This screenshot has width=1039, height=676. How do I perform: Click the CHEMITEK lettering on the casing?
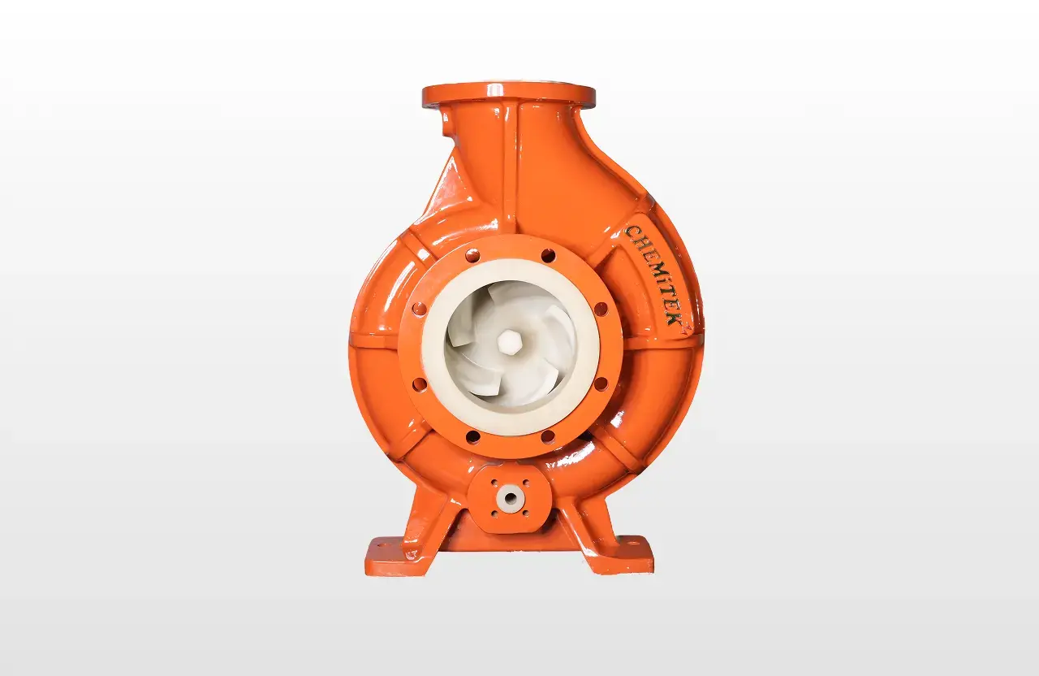[653, 275]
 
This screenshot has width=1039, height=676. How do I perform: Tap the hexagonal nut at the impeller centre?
[509, 342]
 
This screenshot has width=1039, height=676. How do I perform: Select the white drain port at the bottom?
[510, 496]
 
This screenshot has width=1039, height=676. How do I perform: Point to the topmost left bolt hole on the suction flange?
[472, 255]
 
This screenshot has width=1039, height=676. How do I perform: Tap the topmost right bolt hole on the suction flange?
[548, 255]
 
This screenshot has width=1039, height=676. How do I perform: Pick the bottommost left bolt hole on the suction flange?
[472, 437]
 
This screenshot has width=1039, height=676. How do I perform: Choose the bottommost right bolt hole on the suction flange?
[548, 437]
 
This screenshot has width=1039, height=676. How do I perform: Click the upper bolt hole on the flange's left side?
[419, 309]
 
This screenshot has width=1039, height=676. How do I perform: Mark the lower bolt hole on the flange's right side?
[601, 383]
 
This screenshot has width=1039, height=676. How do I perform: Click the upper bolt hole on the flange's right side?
[601, 309]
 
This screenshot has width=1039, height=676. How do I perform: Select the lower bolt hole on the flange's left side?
[419, 383]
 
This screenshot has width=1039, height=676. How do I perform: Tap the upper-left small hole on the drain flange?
[493, 482]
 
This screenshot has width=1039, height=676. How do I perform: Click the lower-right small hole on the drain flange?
[526, 513]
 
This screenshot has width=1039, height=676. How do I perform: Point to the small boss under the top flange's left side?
[445, 124]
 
